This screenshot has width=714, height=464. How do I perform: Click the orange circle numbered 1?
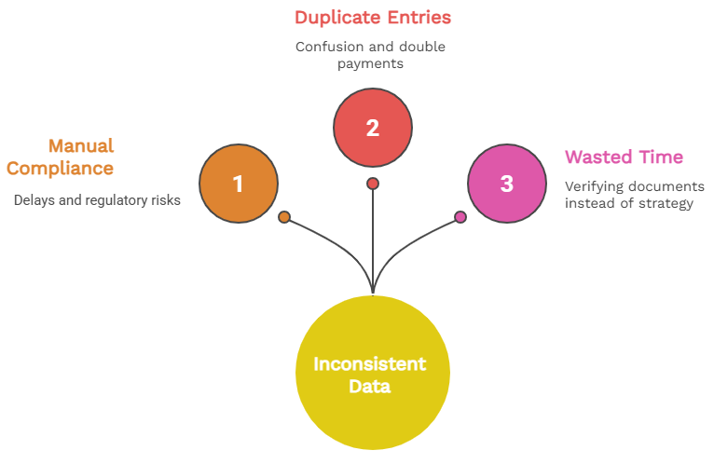pos(239,184)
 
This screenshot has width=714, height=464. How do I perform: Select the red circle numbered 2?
pos(373,128)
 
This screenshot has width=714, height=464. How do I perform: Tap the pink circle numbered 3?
pos(506,184)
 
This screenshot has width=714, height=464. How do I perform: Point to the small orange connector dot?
pos(284,217)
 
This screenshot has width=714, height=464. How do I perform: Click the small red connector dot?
pos(373,184)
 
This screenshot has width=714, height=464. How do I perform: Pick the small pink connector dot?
pos(460,217)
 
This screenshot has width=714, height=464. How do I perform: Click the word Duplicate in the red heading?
pos(336,17)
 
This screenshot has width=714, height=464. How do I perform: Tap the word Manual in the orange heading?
pos(80,145)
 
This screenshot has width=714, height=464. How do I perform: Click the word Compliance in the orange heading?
pos(60,169)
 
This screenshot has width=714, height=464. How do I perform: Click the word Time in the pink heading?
pos(662,157)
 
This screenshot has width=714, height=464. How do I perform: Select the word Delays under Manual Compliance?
pos(35,199)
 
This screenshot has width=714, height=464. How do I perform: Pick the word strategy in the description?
pos(666,203)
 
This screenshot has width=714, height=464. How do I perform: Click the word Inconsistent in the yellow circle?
pos(370,363)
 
